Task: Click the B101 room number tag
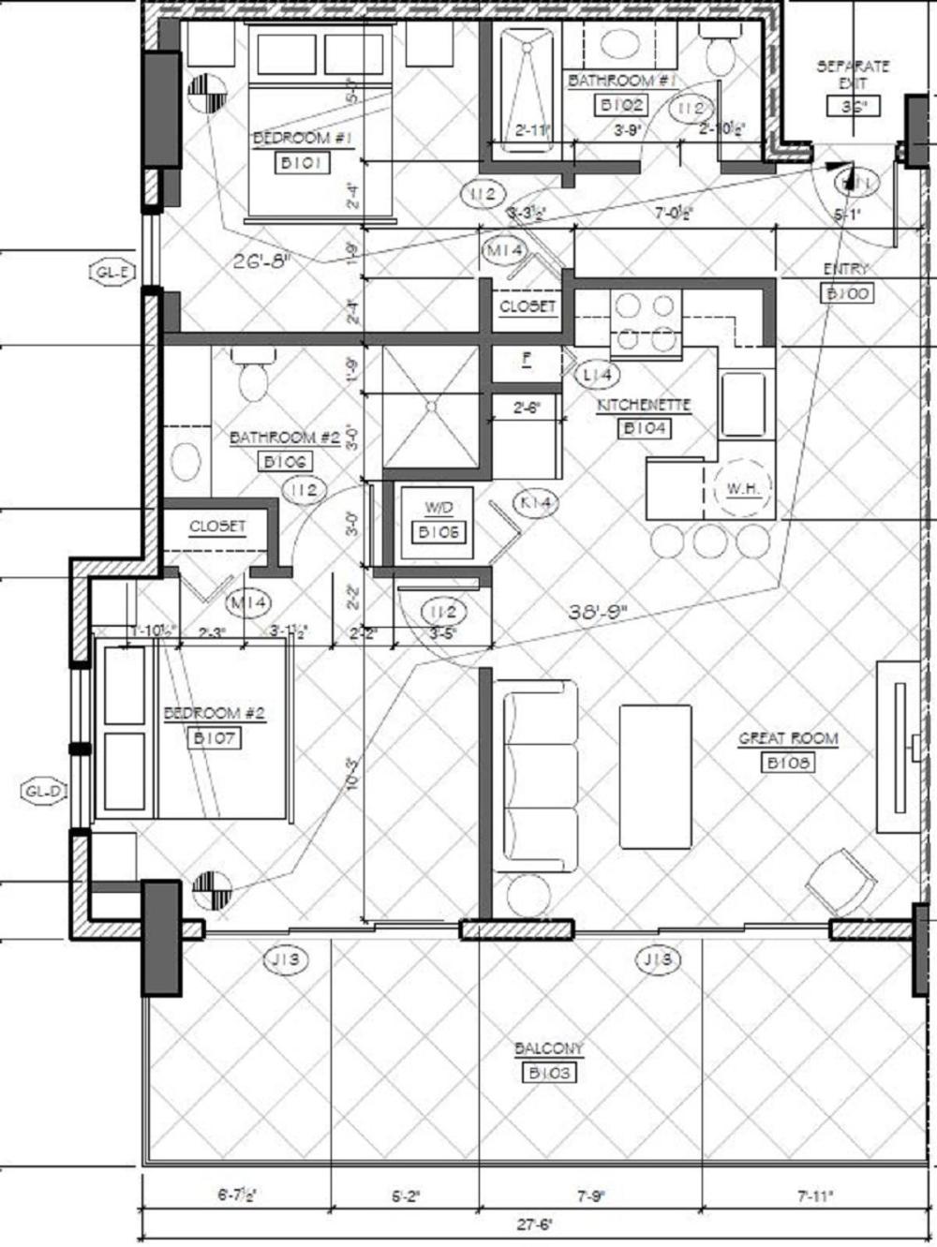[301, 163]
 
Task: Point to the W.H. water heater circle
[742, 488]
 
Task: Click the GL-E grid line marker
[112, 273]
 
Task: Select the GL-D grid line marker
[44, 792]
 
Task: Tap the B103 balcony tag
[549, 1073]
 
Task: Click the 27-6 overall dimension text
[536, 1224]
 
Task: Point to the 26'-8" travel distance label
[262, 260]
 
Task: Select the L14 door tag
[596, 375]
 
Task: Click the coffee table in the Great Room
[655, 778]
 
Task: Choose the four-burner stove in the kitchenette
[645, 322]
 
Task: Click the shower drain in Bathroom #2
[431, 407]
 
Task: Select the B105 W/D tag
[438, 532]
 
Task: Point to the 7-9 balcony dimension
[590, 1195]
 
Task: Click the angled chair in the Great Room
[840, 882]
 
